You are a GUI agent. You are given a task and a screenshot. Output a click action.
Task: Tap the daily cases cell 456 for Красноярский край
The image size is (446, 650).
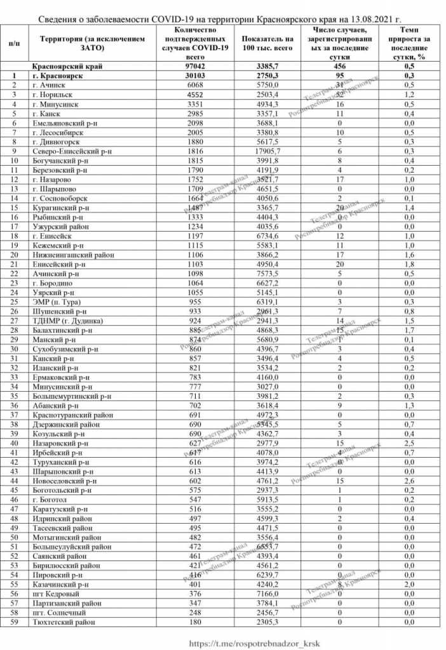pyautogui.click(x=341, y=66)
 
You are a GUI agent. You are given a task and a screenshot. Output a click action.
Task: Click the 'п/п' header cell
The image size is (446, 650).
pyautogui.click(x=13, y=43)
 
